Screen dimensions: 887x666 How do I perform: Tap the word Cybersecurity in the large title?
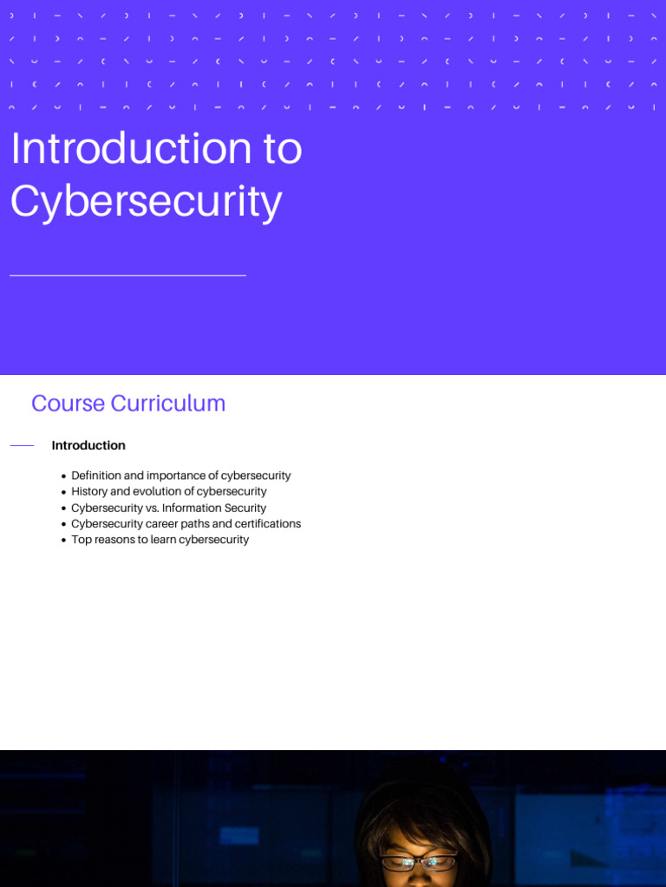[146, 201]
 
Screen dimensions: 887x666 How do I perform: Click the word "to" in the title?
[281, 149]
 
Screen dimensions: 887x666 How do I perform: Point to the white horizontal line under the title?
[127, 275]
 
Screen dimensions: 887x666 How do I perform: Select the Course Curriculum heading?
[128, 404]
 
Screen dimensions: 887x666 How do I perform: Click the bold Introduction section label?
[88, 445]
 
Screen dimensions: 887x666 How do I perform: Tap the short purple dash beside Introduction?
[22, 445]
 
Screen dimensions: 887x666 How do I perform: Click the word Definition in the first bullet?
[97, 476]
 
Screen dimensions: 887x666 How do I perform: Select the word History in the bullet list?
[90, 491]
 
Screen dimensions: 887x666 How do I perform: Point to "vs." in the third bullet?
[151, 508]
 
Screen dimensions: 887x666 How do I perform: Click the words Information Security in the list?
[214, 508]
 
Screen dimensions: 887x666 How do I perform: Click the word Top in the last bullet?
[81, 540]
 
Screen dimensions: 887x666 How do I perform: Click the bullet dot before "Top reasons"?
[64, 541]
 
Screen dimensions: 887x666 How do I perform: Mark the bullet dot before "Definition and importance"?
[64, 476]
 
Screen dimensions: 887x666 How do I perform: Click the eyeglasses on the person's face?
[419, 862]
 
